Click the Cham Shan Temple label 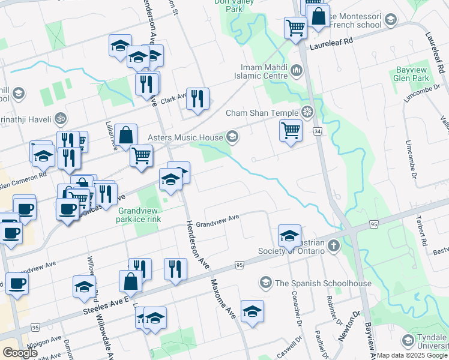pos(262,113)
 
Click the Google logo pos(20,353)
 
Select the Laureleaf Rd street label pos(330,47)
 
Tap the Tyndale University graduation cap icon pos(408,341)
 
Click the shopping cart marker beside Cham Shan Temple pos(291,130)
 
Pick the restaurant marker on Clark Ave pos(197,98)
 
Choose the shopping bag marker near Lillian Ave pos(127,136)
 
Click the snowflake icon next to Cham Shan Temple pos(307,112)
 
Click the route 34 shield pos(318,130)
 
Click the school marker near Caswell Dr pos(252,311)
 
